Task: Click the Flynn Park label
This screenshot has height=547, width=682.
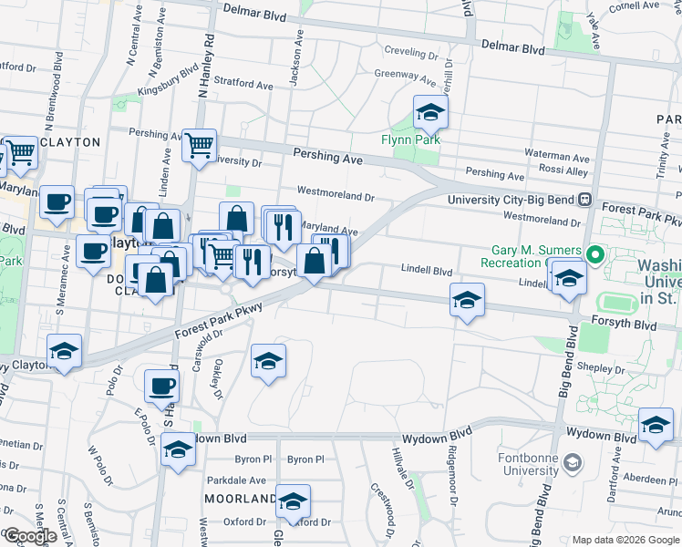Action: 410,139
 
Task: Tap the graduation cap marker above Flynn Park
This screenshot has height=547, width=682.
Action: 430,114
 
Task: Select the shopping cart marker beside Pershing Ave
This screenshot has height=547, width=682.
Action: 199,144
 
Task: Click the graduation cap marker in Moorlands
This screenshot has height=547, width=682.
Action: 293,501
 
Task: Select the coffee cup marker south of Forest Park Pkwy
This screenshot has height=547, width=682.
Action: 161,387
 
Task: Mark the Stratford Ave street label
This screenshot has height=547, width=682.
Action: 243,86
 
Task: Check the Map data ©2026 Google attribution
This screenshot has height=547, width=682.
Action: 625,540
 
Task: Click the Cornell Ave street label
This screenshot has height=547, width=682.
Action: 635,6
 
